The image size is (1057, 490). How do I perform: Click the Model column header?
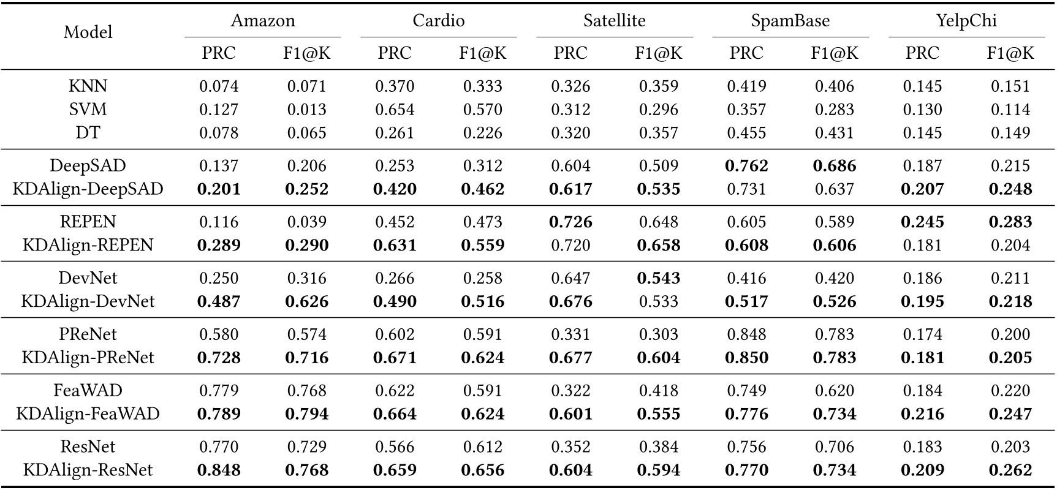(88, 32)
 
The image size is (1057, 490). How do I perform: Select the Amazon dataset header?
(263, 21)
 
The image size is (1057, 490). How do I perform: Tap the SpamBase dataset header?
(790, 21)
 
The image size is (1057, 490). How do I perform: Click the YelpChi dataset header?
(966, 21)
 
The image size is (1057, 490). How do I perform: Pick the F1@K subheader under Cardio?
(483, 53)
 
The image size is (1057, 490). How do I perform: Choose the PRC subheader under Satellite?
(570, 53)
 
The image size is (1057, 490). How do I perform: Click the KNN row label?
(88, 86)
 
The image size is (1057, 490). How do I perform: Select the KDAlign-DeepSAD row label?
(88, 189)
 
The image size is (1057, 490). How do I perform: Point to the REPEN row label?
(88, 222)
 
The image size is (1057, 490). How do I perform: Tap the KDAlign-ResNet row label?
(88, 470)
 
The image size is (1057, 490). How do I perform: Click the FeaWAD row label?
(88, 390)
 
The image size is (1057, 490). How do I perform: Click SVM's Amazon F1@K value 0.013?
(306, 110)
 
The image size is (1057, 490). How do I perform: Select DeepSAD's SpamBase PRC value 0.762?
(746, 166)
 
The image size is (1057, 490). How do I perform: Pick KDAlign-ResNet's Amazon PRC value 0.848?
(219, 470)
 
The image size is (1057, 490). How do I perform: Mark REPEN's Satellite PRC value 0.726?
(570, 222)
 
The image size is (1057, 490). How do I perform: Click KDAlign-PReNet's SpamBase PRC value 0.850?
(746, 358)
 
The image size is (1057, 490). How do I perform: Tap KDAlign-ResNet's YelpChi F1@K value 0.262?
(1010, 470)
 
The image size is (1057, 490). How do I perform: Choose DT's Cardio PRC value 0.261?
(395, 133)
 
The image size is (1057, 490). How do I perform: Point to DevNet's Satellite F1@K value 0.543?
(659, 278)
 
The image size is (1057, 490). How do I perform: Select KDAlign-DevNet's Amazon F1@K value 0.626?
(306, 301)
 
